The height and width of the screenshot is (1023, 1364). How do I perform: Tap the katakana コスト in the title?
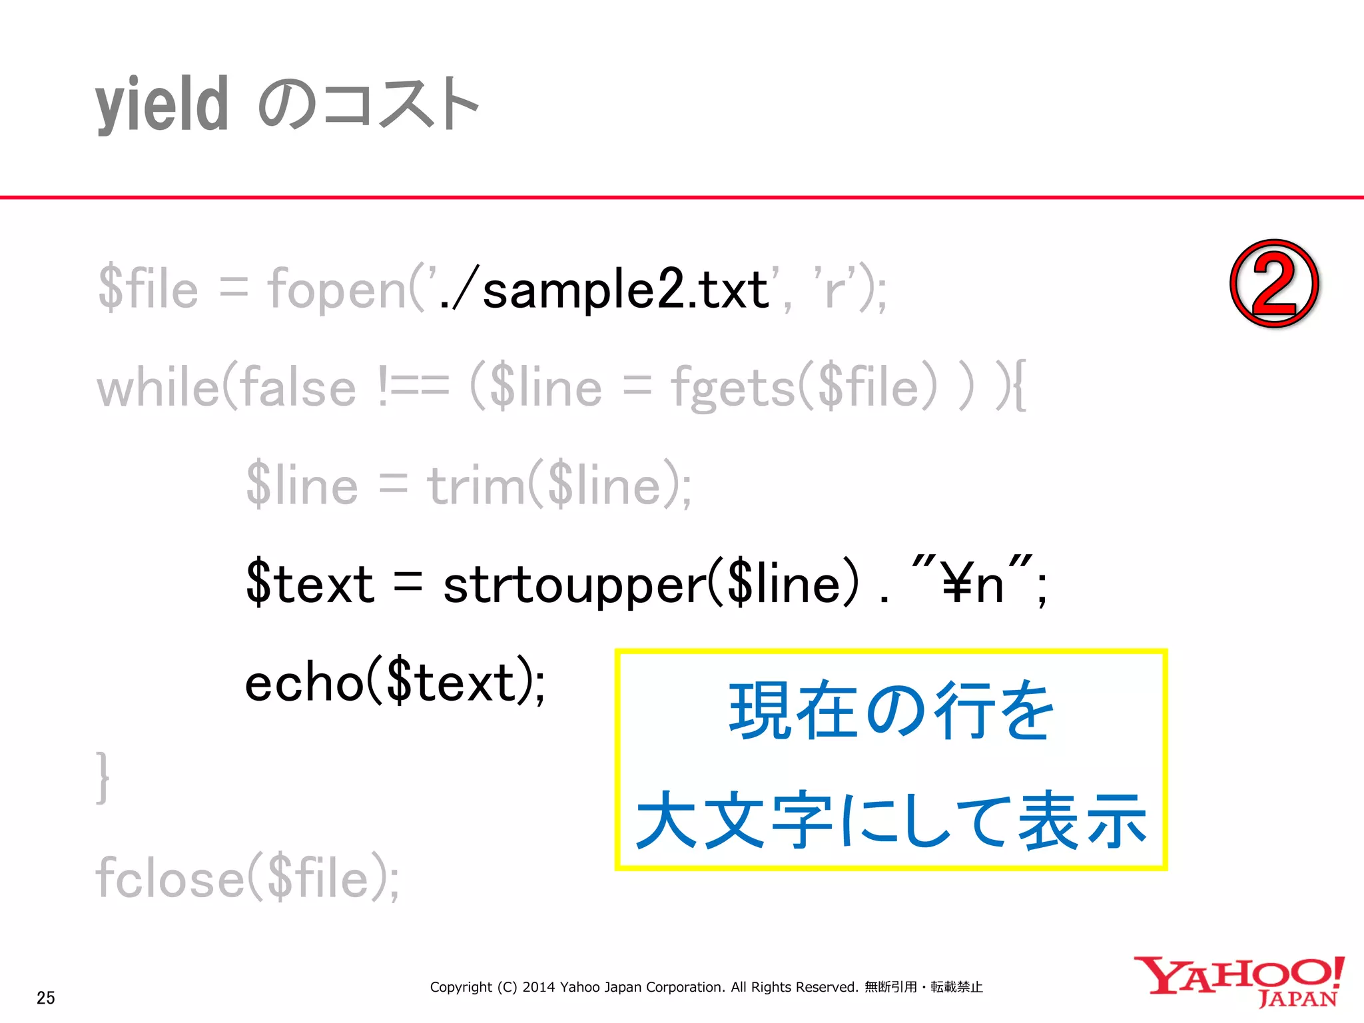click(x=400, y=105)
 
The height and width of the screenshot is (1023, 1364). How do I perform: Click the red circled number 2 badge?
click(x=1273, y=284)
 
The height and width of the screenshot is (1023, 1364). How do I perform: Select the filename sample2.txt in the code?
click(x=625, y=290)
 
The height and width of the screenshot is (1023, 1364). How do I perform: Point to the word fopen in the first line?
click(x=336, y=290)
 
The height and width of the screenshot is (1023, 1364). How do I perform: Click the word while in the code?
click(x=158, y=388)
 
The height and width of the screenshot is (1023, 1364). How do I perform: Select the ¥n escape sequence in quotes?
click(x=972, y=583)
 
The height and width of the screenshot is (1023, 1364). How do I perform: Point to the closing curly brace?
click(x=103, y=778)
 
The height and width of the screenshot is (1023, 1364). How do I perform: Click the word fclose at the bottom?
click(x=170, y=878)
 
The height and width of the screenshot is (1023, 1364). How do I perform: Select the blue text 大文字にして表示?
click(x=891, y=821)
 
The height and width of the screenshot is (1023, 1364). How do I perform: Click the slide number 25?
click(x=46, y=998)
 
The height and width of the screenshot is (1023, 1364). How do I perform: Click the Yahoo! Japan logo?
click(x=1239, y=982)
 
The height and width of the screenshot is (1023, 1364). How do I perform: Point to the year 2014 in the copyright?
click(x=538, y=987)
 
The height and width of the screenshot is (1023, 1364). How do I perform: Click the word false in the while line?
click(x=298, y=388)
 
